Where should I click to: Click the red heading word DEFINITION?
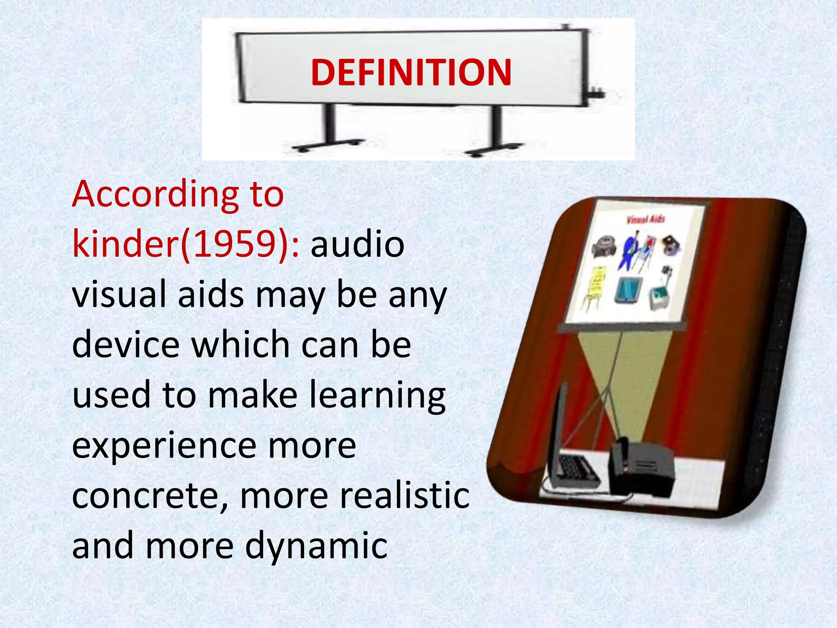(x=411, y=73)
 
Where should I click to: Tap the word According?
(x=155, y=195)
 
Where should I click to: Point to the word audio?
(x=357, y=244)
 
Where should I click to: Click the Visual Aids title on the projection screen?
(x=646, y=220)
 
